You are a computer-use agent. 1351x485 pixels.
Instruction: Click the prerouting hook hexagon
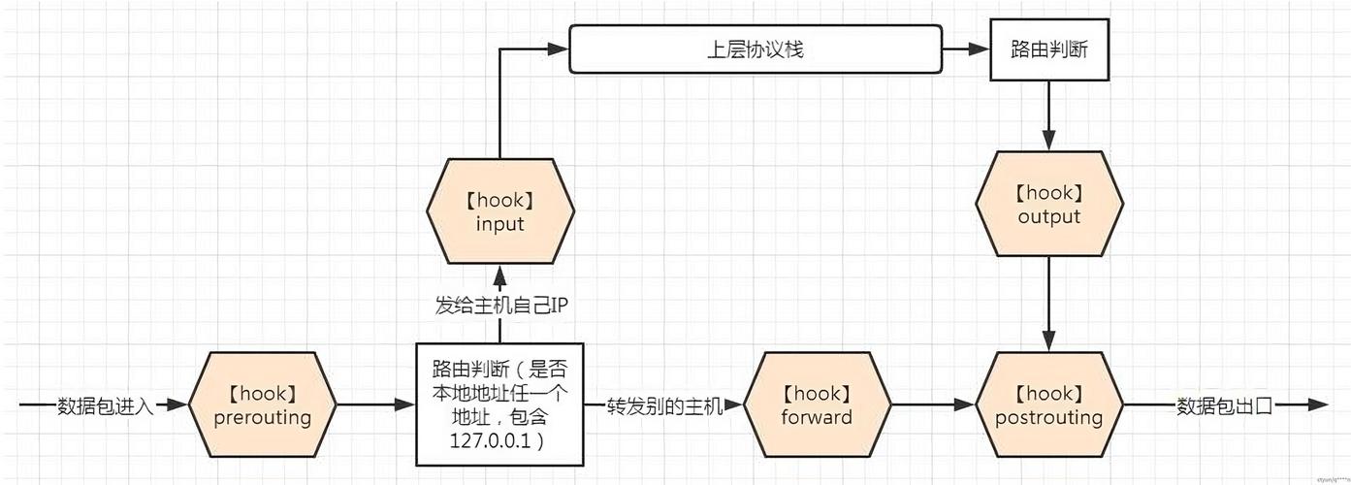(x=262, y=405)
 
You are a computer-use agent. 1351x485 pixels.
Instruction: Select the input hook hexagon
(x=500, y=211)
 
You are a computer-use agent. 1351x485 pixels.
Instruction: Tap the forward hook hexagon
(x=817, y=405)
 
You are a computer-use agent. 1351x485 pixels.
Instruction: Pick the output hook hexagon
(x=1048, y=205)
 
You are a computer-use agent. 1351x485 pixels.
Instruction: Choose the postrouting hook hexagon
(x=1048, y=405)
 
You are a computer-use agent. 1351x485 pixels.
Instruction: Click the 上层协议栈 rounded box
(x=755, y=49)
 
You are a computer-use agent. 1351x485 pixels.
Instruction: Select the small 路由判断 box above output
(x=1048, y=49)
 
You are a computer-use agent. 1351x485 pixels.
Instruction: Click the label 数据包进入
(x=106, y=405)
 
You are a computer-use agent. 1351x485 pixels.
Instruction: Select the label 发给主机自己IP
(x=499, y=306)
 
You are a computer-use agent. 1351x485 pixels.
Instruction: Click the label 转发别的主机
(x=665, y=405)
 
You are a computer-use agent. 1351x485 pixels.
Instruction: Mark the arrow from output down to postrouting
(x=1048, y=306)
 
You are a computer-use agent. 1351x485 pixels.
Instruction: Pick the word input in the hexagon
(x=500, y=224)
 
